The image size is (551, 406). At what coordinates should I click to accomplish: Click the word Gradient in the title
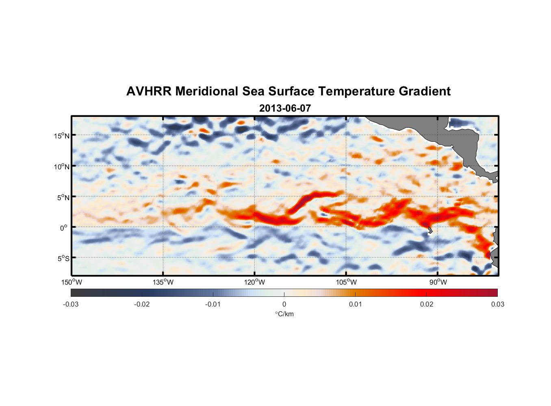425,91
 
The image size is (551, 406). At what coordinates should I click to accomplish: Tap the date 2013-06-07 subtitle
285,108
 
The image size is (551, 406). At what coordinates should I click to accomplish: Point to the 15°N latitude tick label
62,136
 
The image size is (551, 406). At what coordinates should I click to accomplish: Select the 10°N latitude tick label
62,166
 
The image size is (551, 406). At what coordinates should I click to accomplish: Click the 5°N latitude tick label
63,197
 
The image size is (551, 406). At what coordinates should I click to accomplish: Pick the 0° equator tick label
64,228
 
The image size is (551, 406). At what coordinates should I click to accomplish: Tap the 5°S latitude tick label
63,259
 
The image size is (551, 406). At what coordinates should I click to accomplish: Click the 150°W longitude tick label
72,282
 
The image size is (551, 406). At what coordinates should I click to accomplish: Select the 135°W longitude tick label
163,282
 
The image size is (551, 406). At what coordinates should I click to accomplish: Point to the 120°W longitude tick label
255,282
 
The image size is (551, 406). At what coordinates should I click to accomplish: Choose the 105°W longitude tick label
346,282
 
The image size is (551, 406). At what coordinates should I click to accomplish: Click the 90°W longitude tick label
438,282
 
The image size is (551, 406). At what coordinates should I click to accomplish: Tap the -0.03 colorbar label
71,304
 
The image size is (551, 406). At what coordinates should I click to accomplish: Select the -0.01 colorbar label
213,304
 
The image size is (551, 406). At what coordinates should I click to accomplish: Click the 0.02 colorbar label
427,304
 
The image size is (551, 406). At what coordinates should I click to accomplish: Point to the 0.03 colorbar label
497,304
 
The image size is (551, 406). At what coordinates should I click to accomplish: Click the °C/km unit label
284,314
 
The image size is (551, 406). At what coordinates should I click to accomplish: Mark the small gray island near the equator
430,230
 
